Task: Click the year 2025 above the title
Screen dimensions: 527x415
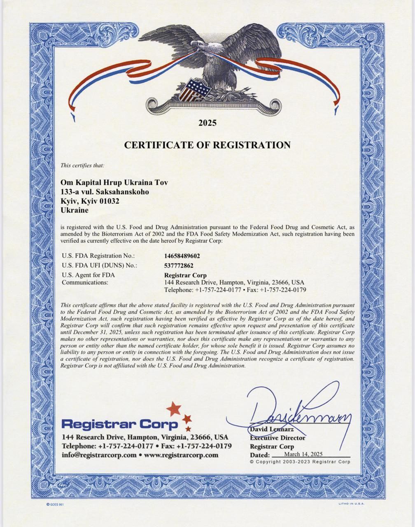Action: pos(207,123)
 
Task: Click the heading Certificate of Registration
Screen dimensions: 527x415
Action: pos(207,145)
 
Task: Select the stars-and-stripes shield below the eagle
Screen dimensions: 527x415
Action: pos(194,90)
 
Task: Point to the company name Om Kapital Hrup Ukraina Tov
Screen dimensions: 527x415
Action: pos(114,182)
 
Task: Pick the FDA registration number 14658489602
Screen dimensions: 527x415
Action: pos(182,256)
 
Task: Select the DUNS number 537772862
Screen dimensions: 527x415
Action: pos(179,266)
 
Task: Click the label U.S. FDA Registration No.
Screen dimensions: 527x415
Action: pos(98,256)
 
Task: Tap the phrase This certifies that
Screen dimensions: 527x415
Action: pos(82,166)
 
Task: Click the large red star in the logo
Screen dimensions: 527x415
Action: pos(174,408)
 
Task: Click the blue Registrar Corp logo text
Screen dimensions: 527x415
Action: pos(120,424)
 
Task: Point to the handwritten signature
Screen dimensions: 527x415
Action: pos(296,414)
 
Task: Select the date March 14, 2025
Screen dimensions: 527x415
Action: pos(303,454)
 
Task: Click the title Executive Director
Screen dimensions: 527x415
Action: pos(277,438)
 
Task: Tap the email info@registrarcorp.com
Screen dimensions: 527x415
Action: pos(99,455)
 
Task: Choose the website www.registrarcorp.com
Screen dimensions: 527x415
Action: pos(181,455)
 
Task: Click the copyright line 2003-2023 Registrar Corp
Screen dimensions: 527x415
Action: pos(300,462)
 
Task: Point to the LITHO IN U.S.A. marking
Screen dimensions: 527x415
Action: pos(351,503)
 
